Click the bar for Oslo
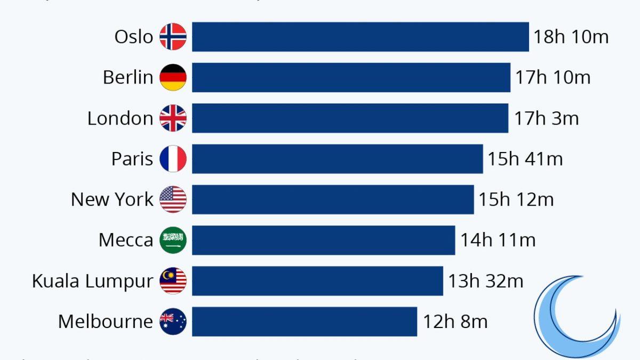[x=360, y=37]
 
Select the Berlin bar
[x=351, y=77]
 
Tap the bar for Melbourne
[x=304, y=322]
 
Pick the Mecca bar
[x=323, y=240]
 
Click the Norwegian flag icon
[x=173, y=37]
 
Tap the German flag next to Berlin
[x=173, y=77]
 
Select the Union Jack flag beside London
[x=173, y=118]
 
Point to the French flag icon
[x=173, y=159]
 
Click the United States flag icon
[x=173, y=199]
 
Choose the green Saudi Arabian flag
[x=173, y=240]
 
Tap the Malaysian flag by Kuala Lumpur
[x=173, y=281]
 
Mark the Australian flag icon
[x=173, y=322]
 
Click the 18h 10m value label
[x=571, y=37]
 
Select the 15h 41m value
[x=525, y=159]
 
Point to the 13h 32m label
[x=485, y=281]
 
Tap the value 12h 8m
[x=455, y=322]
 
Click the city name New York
[x=112, y=199]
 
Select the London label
[x=120, y=118]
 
